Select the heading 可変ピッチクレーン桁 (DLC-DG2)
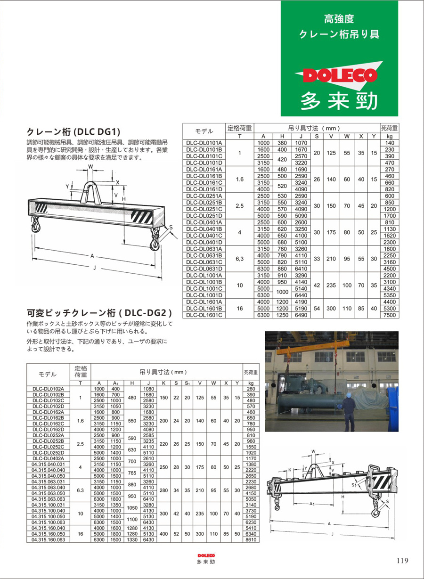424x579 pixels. pos(99,312)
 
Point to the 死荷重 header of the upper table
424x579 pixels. pos(389,128)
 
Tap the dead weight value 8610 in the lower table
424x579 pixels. pos(251,539)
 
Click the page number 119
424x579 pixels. pos(402,561)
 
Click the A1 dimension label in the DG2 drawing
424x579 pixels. pos(312,504)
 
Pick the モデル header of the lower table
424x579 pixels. pos(47,374)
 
